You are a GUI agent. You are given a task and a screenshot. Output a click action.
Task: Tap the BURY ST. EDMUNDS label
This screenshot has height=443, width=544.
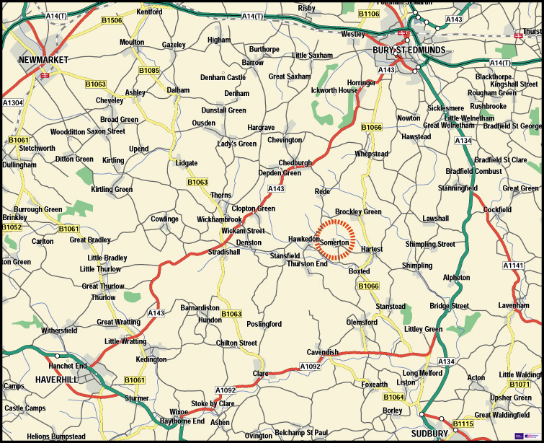[x=409, y=50]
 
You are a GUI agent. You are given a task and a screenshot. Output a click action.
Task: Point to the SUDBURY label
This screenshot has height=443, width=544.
[x=429, y=433]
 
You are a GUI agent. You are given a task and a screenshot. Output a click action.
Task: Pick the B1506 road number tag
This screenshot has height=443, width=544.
[x=112, y=21]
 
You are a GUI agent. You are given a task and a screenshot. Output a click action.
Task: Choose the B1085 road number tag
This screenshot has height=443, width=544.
[x=149, y=71]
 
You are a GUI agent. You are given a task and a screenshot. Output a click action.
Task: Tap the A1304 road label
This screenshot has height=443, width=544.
[x=12, y=103]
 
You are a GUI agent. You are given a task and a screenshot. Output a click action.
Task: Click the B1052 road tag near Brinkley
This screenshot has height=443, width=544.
[x=12, y=227]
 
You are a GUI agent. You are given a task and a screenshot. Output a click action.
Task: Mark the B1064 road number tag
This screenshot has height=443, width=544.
[x=393, y=398]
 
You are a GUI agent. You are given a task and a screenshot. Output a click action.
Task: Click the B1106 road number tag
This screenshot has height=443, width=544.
[x=368, y=14]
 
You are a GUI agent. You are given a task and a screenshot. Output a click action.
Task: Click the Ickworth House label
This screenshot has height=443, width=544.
[x=334, y=91]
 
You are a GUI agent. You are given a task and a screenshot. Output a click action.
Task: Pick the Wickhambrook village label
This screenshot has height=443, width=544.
[x=219, y=219]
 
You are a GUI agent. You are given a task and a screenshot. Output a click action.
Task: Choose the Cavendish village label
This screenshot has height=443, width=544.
[x=322, y=352]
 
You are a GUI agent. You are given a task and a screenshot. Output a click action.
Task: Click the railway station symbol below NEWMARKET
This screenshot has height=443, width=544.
[x=45, y=74]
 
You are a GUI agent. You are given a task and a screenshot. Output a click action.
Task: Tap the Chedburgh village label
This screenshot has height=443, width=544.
[x=295, y=163]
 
